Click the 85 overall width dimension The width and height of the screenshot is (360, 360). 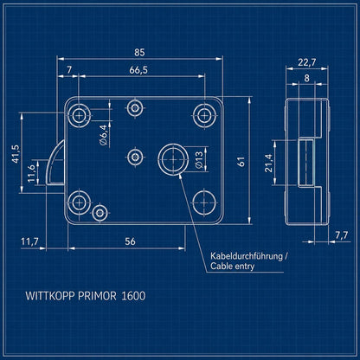coord(139,53)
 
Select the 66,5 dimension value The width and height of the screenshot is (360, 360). coord(138,70)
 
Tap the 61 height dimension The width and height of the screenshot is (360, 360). coord(241,162)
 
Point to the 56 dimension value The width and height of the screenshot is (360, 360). coord(130,241)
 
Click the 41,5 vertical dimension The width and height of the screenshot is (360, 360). coord(16,153)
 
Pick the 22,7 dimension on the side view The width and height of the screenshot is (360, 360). coord(307,62)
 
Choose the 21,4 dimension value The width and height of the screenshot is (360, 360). coord(268,164)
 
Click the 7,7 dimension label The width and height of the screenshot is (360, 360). coord(342,235)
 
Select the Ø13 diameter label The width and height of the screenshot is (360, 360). coord(199,159)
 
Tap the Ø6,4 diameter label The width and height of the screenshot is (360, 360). coord(104,135)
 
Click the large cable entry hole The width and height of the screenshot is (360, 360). coord(173,159)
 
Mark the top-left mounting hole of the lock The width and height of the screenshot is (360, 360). coord(79,116)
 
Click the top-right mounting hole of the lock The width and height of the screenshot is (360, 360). coord(204,116)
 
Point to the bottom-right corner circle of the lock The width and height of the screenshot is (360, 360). coord(204,202)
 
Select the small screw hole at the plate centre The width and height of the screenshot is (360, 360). coord(135,157)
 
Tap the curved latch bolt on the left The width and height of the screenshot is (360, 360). coord(55,162)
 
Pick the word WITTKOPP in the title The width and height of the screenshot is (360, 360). coord(50,296)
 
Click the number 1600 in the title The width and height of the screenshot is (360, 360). coord(133,296)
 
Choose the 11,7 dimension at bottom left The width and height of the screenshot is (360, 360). coord(29,241)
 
